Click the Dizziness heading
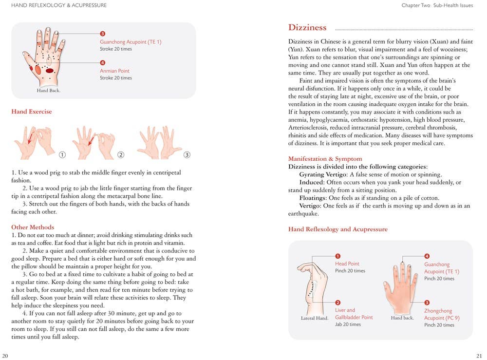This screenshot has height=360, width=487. pos(307,28)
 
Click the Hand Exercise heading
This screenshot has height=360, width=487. pos(32,112)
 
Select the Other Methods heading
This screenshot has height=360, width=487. pos(33,227)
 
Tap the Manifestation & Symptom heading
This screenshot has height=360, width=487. pos(325,159)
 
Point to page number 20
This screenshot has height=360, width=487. pos(5,355)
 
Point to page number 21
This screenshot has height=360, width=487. pos(479,355)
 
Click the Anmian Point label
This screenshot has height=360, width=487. pos(114,71)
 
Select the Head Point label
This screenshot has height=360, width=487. pos(347,264)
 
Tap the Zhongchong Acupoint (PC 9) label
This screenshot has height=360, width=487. pos(441,315)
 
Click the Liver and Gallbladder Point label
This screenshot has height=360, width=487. pos(354,314)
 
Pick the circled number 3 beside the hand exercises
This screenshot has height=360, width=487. pos(187,155)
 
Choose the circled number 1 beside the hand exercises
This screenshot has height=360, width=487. pos(62,155)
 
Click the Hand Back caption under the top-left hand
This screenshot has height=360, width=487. pos(48,91)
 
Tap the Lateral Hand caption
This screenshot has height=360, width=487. pos(315,318)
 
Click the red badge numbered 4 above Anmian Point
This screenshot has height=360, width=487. pos(102,63)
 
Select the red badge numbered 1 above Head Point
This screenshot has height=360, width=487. pos(337,256)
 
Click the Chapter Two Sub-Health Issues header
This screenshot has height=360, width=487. pos(437,5)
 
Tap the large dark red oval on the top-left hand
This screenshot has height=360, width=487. pos(49,71)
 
